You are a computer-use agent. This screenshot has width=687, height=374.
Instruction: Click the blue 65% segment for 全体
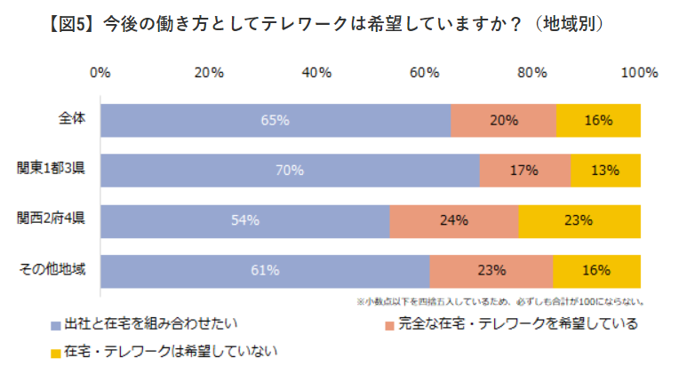click(276, 120)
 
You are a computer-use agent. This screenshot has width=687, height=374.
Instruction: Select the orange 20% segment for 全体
click(504, 120)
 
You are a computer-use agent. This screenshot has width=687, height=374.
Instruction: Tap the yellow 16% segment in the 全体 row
click(598, 120)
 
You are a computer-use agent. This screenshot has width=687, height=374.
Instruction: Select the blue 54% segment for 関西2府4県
click(244, 220)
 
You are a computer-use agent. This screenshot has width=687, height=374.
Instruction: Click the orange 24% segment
click(453, 220)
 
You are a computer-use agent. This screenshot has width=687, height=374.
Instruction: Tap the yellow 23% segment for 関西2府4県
click(579, 220)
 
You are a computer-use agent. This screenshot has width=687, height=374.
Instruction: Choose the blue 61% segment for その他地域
click(265, 270)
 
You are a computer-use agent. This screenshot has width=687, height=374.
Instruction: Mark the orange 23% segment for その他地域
click(491, 270)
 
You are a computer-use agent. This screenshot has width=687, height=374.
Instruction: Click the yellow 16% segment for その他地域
click(597, 270)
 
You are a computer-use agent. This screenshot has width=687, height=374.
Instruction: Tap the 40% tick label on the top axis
click(316, 72)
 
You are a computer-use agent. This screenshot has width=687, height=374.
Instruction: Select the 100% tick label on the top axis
click(639, 72)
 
